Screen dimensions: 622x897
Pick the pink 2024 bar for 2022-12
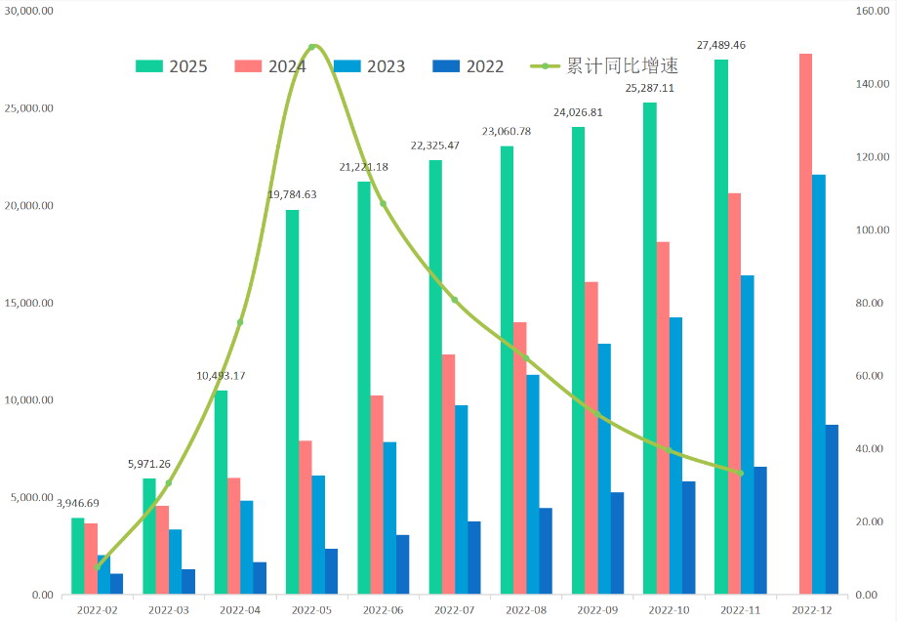pos(805,323)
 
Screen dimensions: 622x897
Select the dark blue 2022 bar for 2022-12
pos(832,509)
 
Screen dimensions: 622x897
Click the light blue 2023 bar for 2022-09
pos(604,469)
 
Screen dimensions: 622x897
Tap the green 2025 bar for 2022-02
pos(78,556)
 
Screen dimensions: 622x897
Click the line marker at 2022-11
pos(740,473)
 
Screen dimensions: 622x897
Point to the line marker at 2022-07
pos(454,300)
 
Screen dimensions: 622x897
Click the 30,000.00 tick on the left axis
pos(28,11)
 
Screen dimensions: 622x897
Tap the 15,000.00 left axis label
pos(28,303)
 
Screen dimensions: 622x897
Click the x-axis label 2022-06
pos(383,609)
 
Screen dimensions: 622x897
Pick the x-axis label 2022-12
pos(811,609)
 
